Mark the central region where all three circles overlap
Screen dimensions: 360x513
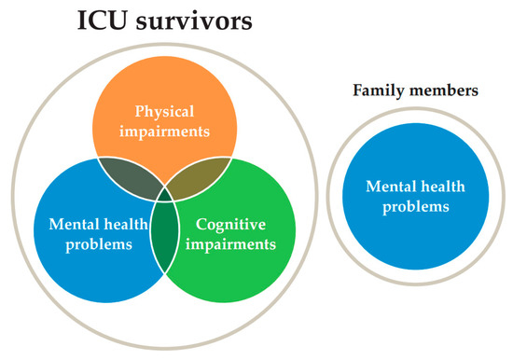pyautogui.click(x=167, y=194)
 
